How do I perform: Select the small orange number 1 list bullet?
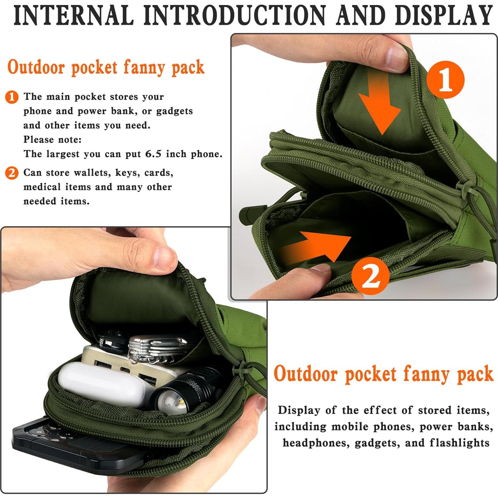[x=12, y=97]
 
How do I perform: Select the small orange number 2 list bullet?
[x=12, y=173]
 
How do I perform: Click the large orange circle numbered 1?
[x=445, y=80]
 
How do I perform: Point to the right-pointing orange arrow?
[x=316, y=246]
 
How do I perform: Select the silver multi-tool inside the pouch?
[x=156, y=348]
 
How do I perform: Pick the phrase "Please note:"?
[x=52, y=140]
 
